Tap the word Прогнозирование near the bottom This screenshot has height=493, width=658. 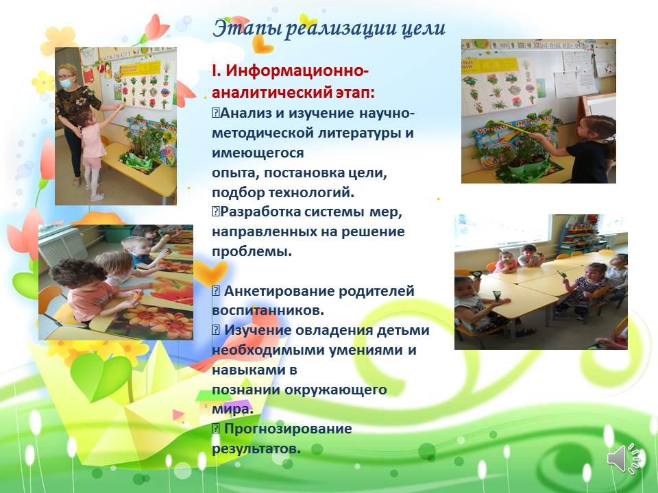pyautogui.click(x=288, y=429)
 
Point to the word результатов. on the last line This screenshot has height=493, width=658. pyautogui.click(x=256, y=448)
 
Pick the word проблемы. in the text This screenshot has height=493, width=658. pyautogui.click(x=252, y=252)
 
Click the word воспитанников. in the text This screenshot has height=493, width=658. pyautogui.click(x=268, y=311)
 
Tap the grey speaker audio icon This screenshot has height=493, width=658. pyautogui.click(x=624, y=458)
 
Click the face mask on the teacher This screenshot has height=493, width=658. pyautogui.click(x=66, y=83)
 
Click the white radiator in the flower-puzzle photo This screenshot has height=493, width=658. pyautogui.click(x=62, y=246)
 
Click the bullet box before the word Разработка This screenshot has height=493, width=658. pyautogui.click(x=216, y=212)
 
